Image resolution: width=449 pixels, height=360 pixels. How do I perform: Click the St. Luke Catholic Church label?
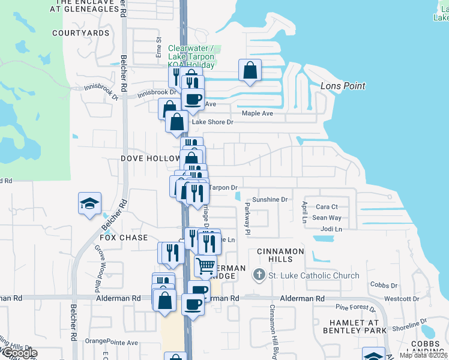pos(313,276)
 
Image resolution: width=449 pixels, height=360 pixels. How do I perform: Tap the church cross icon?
pos(259,275)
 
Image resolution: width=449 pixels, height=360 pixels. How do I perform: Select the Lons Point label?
pos(343,86)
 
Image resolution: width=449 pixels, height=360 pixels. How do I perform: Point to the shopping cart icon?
pos(205,265)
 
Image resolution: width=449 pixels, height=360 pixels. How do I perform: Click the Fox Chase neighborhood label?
pos(124,238)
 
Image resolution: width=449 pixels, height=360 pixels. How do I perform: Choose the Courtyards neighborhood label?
pos(81,33)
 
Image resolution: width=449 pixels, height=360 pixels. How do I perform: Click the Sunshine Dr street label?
pos(270,199)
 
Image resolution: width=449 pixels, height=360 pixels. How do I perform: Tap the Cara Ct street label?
pos(327,207)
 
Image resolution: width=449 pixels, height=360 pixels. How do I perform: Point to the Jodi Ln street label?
pos(331,229)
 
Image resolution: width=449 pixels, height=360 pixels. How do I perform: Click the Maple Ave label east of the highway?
pos(257,113)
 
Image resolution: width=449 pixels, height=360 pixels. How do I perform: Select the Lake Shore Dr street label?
pos(212,122)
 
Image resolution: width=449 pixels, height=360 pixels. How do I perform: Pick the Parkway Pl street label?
pos(247,218)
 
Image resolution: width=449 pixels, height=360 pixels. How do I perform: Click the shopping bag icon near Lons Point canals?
pos(250,71)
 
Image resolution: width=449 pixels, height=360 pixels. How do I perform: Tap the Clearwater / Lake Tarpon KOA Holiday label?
pos(191,56)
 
